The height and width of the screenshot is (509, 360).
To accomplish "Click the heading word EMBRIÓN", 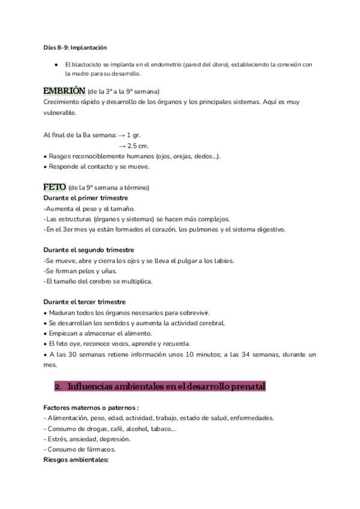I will click(64, 91).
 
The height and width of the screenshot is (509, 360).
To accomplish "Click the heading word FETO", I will click(55, 187).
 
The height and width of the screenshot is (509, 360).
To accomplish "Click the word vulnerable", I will click(60, 112).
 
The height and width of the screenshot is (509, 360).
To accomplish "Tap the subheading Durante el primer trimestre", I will click(86, 197).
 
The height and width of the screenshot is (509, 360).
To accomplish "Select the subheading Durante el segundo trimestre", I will click(89, 250).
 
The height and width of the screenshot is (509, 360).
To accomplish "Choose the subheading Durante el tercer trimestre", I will click(85, 301).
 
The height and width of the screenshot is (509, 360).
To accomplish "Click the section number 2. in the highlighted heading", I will click(58, 387).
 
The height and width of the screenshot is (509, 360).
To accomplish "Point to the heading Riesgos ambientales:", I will click(76, 460).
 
